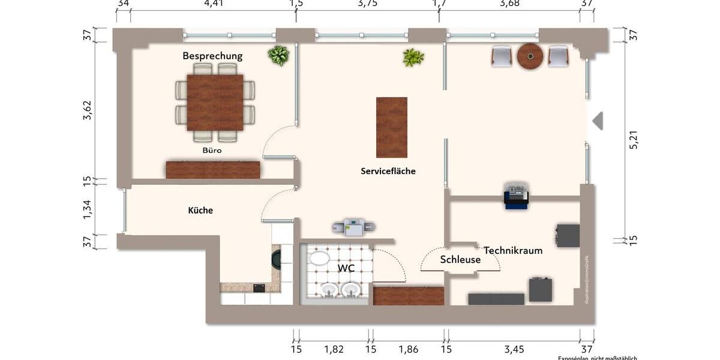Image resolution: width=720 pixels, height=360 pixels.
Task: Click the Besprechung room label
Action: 212,56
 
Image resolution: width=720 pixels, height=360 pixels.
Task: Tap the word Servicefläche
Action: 388,171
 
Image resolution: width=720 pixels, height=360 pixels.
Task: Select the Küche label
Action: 200,211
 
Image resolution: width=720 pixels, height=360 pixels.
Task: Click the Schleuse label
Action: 460,260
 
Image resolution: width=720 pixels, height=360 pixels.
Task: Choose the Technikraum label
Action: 513,250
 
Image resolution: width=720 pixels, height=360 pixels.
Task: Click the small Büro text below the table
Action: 212,151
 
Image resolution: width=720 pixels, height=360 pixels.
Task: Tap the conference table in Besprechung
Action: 215,102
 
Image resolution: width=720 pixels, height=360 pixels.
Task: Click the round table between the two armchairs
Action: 530,56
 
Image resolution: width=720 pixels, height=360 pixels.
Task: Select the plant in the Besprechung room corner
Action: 278,55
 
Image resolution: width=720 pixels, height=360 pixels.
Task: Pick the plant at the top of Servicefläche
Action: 413,58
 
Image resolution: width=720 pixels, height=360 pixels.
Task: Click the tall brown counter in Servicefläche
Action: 391,127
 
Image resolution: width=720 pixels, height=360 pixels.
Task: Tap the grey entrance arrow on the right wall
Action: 598,121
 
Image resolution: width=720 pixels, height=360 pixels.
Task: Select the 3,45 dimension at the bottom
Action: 512,349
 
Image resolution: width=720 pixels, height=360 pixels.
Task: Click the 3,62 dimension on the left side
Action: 87,110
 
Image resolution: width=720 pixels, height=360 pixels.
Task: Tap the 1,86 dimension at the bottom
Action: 408,349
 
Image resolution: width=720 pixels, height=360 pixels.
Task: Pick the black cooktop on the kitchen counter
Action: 259,287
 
